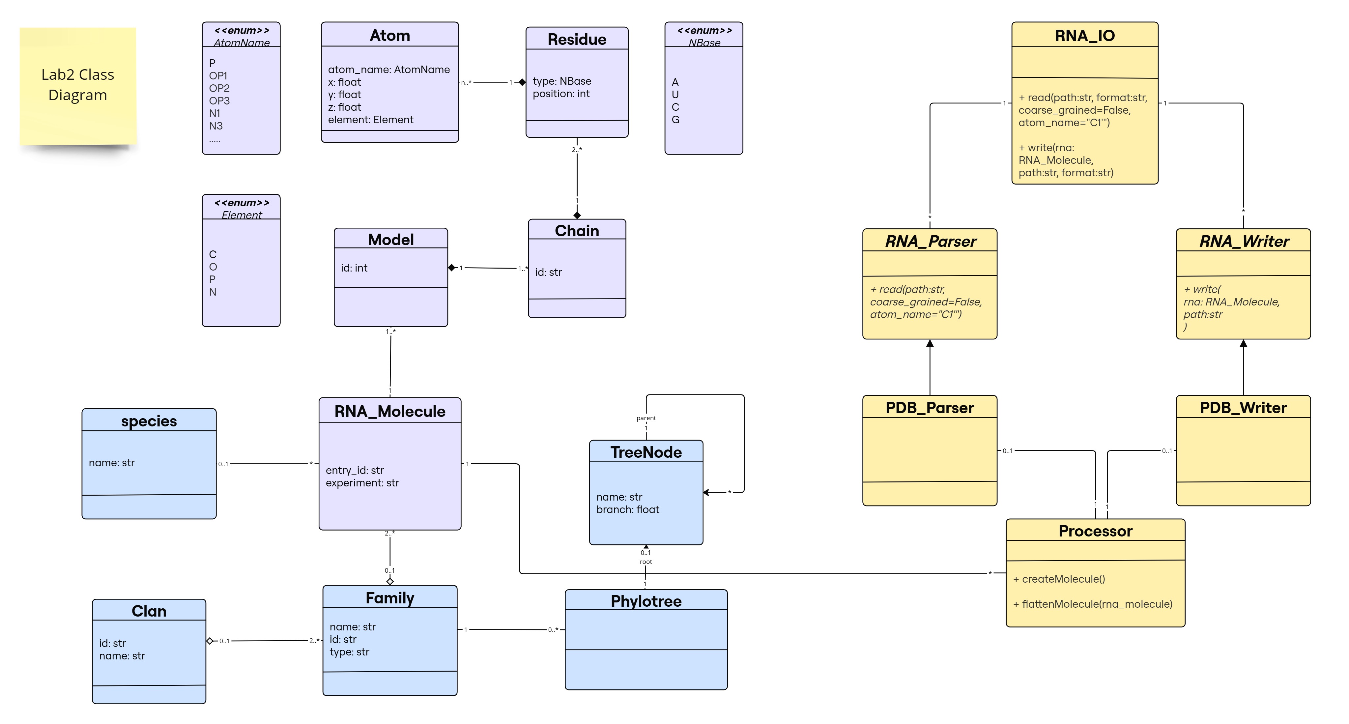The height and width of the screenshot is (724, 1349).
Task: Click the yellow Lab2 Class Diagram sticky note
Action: [x=77, y=85]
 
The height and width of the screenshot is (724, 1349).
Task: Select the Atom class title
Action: [x=389, y=35]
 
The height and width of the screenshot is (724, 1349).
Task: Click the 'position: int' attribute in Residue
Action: [x=561, y=94]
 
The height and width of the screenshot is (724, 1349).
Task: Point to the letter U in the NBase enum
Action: [x=675, y=94]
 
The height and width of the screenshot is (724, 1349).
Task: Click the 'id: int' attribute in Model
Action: [x=354, y=268]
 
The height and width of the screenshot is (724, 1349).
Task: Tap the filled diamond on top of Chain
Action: [x=577, y=215]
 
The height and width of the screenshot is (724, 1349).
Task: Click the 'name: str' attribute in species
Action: [x=112, y=463]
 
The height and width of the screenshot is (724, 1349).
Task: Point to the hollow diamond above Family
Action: [x=389, y=581]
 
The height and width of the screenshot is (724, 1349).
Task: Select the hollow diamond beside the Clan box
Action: [x=210, y=641]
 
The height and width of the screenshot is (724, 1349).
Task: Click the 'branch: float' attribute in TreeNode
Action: [x=627, y=509]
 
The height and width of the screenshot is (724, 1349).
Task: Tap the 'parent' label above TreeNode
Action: [x=646, y=418]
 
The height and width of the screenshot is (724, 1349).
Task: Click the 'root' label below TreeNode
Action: [x=646, y=562]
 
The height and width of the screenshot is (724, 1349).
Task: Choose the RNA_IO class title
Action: [x=1084, y=35]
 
